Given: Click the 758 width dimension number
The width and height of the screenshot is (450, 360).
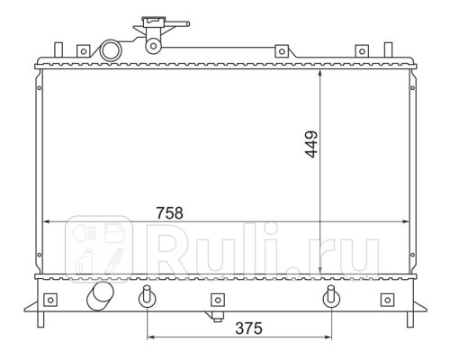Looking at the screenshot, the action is (169, 213).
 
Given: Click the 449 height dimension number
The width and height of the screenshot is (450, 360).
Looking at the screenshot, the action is (311, 144).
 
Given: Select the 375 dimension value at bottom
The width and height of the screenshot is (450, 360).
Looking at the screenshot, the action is (248, 328).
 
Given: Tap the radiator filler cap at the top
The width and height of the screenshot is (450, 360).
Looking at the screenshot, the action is (154, 22).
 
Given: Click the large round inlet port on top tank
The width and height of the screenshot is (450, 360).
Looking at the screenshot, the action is (111, 50).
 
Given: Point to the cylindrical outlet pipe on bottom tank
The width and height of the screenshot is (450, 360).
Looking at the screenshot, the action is (100, 295).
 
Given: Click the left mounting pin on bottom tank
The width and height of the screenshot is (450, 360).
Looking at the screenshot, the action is (147, 296).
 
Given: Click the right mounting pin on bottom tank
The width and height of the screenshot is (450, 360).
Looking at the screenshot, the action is (331, 296).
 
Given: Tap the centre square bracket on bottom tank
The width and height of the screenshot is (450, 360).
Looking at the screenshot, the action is (218, 300).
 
